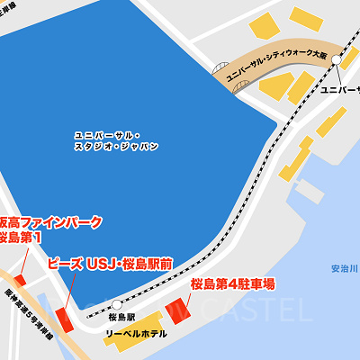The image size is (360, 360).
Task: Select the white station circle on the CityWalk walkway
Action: click(x=336, y=59)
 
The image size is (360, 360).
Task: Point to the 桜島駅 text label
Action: click(x=121, y=318)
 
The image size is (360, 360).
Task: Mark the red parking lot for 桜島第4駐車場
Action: click(x=176, y=310)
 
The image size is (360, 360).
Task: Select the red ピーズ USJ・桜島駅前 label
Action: click(x=109, y=264)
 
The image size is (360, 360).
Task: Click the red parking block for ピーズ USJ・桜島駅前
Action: click(x=64, y=319)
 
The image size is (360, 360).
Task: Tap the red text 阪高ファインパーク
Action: click(x=49, y=221)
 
